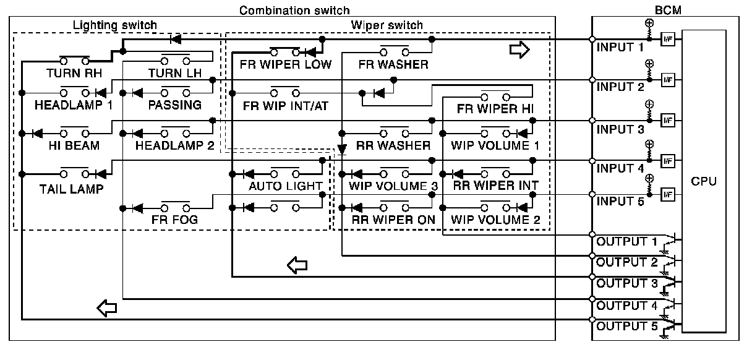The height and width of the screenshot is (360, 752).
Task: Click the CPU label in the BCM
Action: coord(704,181)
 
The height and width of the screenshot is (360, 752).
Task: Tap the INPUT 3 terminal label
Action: coord(620,129)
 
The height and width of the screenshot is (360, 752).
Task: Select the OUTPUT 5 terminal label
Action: coord(627,326)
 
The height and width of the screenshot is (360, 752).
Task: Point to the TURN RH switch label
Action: coord(74,73)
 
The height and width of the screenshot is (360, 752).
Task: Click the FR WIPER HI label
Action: coord(495,109)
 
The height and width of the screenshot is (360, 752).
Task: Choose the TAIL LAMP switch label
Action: coord(72,189)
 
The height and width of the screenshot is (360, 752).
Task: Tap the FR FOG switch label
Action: coord(174,220)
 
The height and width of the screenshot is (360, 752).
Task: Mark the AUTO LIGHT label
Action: coord(285,186)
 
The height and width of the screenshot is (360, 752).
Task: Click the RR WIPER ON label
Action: coord(393,220)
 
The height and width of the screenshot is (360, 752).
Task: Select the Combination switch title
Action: coord(294,11)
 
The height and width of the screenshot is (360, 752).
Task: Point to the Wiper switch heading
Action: coord(387,25)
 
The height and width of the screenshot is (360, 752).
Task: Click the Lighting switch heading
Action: coord(115,25)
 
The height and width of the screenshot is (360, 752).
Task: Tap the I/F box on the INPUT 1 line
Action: coord(668,40)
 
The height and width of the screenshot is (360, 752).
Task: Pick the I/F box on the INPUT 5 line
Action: coord(668,194)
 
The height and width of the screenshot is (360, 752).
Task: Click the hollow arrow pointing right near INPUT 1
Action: coord(519,49)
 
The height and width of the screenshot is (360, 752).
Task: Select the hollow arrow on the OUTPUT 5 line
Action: coord(107,308)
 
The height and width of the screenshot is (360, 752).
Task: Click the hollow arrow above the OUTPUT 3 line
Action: coord(297,265)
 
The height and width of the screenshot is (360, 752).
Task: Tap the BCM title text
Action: coord(668,11)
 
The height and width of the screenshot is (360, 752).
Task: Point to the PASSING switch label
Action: coord(175,105)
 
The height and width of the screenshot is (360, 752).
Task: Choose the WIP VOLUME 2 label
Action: coord(495,220)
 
